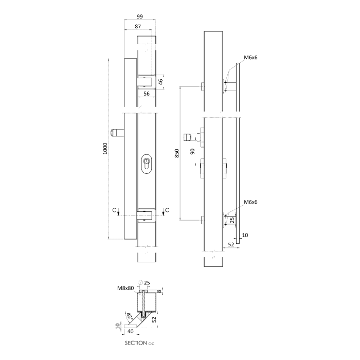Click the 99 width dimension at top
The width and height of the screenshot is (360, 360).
(140, 16)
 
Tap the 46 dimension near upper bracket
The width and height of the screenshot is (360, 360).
(160, 81)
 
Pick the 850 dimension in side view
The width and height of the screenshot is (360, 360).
(176, 153)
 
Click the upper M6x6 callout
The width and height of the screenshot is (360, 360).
(250, 58)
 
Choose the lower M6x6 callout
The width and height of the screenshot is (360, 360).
(250, 202)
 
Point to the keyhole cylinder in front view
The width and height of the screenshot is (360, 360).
(147, 165)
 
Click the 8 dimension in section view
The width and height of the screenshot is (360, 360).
(160, 291)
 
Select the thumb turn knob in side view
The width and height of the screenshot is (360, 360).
(189, 137)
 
